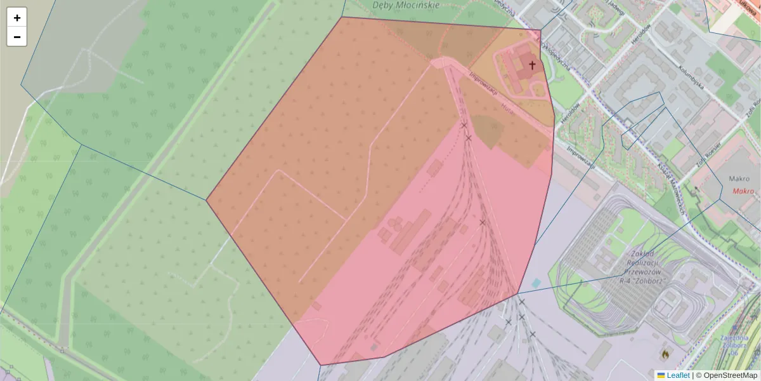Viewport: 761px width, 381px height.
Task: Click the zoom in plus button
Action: (16, 18)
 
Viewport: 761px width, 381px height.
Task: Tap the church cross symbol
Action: (532, 65)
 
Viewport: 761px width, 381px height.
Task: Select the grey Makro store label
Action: (739, 179)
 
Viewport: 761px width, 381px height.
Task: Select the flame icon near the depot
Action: (665, 352)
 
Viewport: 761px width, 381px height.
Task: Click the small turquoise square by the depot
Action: (537, 283)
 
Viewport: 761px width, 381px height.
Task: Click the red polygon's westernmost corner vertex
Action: (207, 200)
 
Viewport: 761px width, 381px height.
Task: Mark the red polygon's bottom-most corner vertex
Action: (321, 365)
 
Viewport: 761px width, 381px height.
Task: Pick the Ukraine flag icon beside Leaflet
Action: (661, 375)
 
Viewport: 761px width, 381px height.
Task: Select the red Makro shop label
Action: (743, 190)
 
